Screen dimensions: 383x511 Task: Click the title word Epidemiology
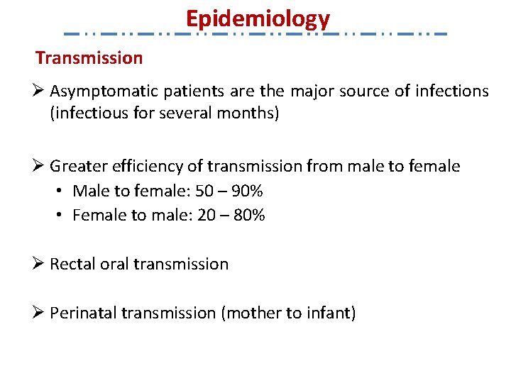258,18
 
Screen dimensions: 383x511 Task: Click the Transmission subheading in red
89,57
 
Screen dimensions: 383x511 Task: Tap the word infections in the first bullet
454,91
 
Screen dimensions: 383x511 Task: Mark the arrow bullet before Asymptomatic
40,91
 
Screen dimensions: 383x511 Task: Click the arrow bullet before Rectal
40,264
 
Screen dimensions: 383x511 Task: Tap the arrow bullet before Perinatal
40,312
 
